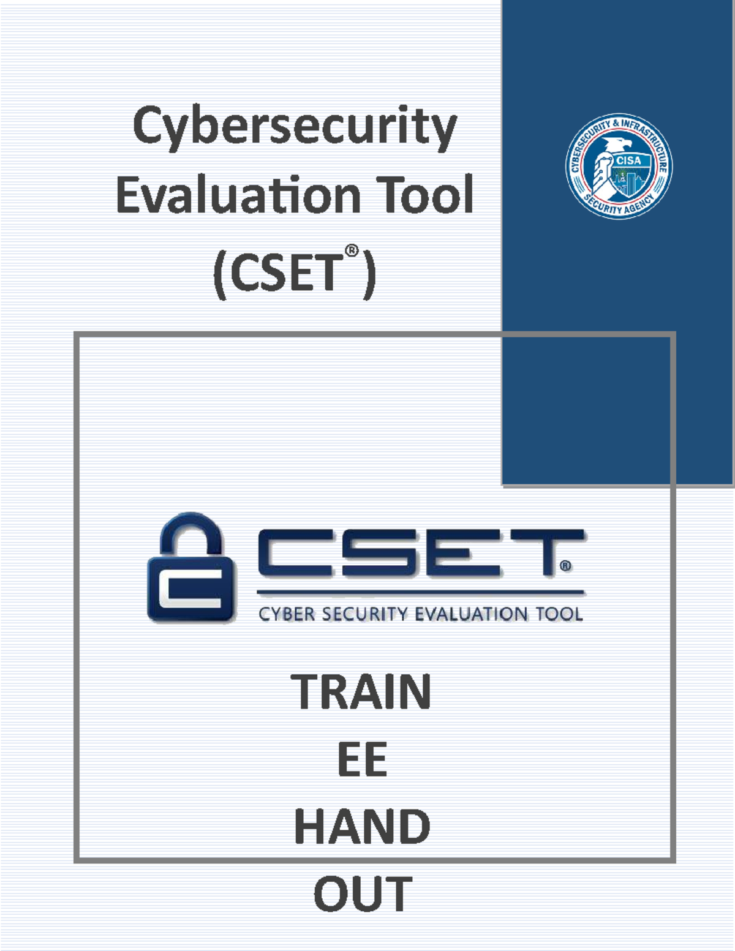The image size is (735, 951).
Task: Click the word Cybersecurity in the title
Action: (x=295, y=127)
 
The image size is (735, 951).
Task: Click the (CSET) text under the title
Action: (x=294, y=273)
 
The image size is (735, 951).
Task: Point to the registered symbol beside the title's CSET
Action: (x=351, y=250)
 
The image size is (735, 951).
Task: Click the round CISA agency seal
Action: (x=619, y=166)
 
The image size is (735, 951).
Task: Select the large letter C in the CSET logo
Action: (x=295, y=554)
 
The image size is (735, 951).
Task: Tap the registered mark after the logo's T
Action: (x=566, y=566)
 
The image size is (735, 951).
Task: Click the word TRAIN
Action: (x=361, y=692)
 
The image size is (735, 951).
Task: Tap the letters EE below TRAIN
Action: (x=362, y=760)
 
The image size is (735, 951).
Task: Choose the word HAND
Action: (x=362, y=827)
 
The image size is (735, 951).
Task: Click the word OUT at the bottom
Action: (x=363, y=895)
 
